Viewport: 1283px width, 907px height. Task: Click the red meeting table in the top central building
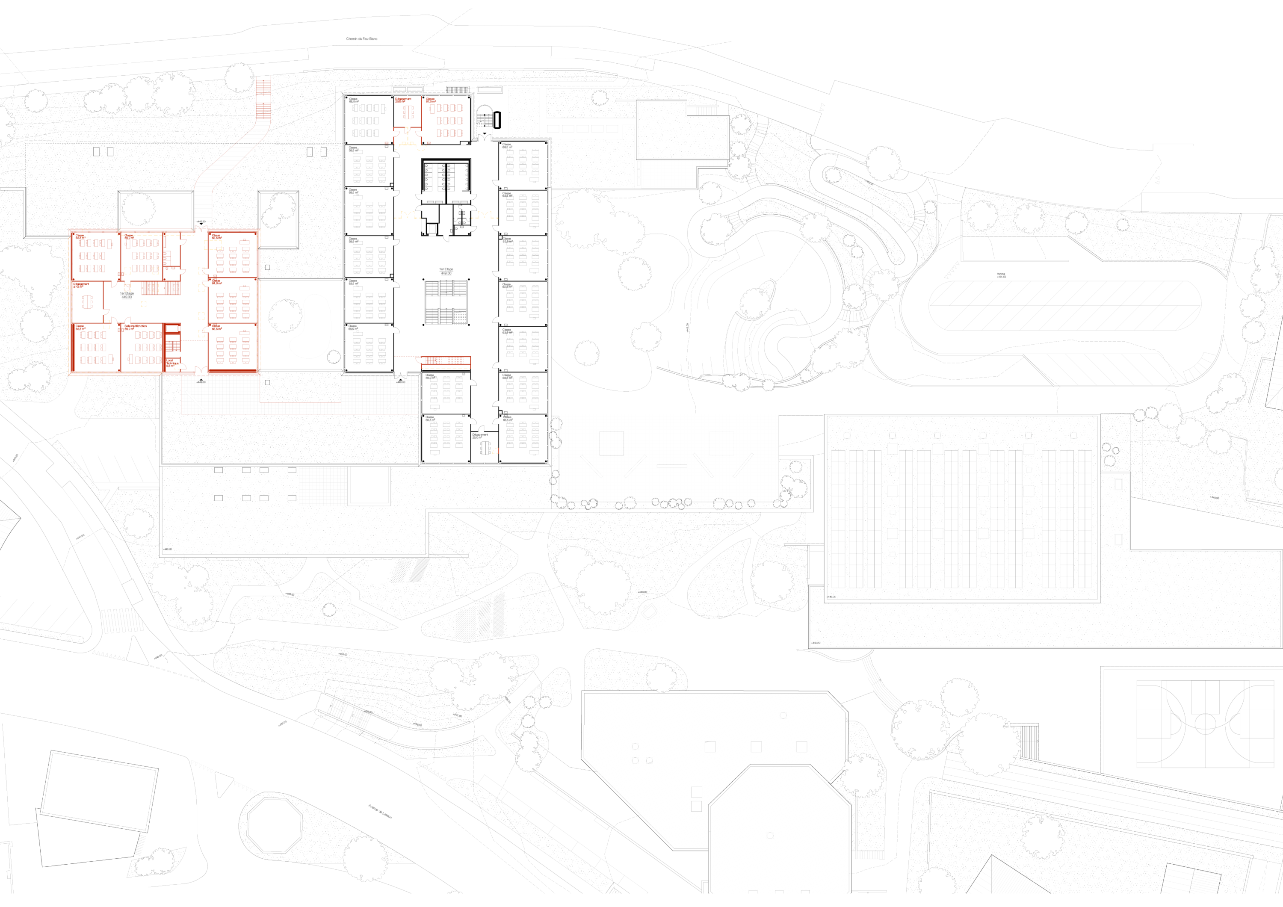click(409, 112)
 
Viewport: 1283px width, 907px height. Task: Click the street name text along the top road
click(361, 39)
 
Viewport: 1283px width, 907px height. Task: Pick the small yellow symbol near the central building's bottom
click(496, 450)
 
